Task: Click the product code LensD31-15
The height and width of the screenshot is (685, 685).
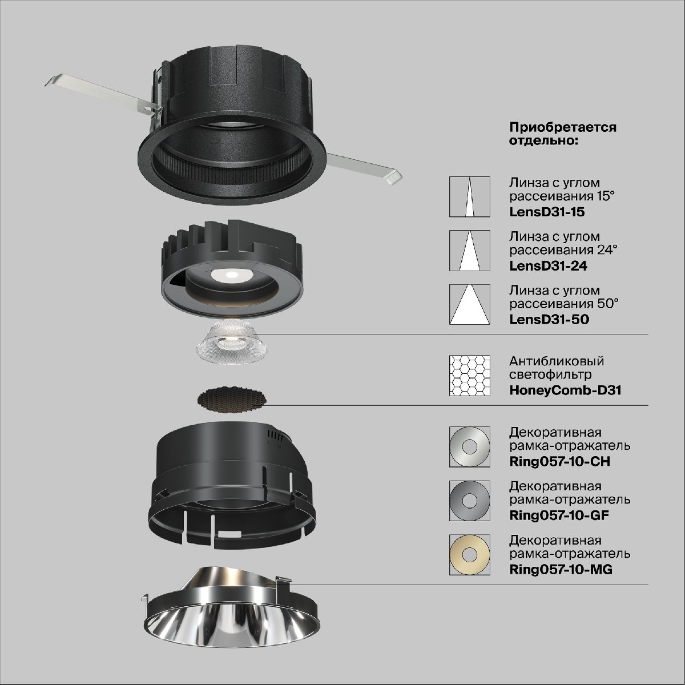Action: point(547,212)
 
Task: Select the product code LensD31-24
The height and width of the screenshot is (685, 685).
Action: point(548,266)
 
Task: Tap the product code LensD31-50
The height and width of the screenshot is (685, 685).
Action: point(549,319)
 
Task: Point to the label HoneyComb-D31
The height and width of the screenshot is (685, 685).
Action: point(565,390)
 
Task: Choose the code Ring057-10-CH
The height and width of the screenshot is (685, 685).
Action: point(559,461)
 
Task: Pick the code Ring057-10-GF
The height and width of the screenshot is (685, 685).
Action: point(559,515)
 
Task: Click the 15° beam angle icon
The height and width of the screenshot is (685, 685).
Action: point(469,196)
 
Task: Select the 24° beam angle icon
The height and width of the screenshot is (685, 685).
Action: point(469,250)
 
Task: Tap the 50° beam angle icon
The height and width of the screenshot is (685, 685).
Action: point(469,304)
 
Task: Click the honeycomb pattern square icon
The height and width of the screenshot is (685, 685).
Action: point(469,376)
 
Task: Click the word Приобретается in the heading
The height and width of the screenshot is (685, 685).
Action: point(563,127)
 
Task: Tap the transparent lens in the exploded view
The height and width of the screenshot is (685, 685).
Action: point(231,342)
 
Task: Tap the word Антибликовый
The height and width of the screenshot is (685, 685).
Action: point(557,361)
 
